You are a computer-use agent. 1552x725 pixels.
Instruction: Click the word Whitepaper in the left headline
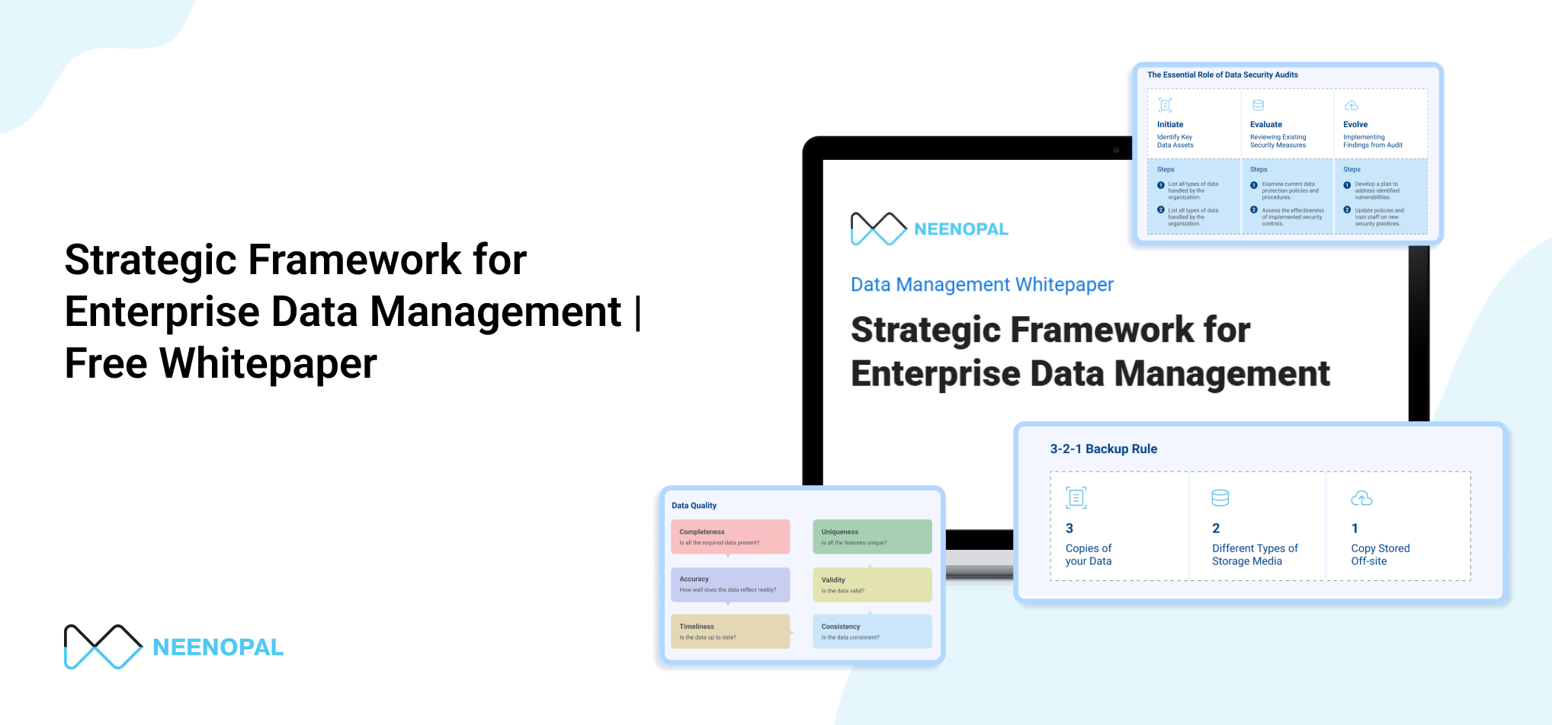[x=268, y=364]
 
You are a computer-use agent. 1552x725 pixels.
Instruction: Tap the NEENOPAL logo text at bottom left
[x=218, y=647]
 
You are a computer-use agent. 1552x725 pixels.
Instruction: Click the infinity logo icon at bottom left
[x=103, y=647]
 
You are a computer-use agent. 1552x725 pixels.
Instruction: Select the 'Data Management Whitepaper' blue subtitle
[x=982, y=285]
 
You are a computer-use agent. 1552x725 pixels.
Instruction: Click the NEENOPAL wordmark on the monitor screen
[x=960, y=229]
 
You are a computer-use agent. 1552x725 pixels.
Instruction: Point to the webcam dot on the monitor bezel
[x=1116, y=149]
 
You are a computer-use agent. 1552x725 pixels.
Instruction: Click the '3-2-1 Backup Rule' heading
[x=1103, y=449]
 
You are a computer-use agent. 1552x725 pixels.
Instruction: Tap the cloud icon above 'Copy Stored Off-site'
[x=1361, y=499]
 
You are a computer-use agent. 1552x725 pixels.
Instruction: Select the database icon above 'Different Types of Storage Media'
[x=1220, y=498]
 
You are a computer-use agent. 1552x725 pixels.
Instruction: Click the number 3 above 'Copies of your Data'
[x=1069, y=529]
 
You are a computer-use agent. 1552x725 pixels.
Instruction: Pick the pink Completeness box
[x=730, y=537]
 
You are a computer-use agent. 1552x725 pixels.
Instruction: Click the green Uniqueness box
[x=872, y=537]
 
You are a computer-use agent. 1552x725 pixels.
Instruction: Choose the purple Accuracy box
[x=730, y=584]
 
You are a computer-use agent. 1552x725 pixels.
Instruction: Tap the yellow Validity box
[x=872, y=585]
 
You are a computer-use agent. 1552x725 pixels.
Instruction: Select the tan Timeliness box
[x=730, y=631]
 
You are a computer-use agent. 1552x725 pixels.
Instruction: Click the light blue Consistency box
[x=872, y=631]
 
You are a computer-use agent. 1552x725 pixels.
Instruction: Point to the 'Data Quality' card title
[x=694, y=506]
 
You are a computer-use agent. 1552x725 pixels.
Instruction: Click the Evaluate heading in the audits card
[x=1266, y=125]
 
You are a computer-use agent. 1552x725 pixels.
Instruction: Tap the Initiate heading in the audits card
[x=1170, y=125]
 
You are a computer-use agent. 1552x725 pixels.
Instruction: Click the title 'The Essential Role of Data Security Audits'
[x=1222, y=75]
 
